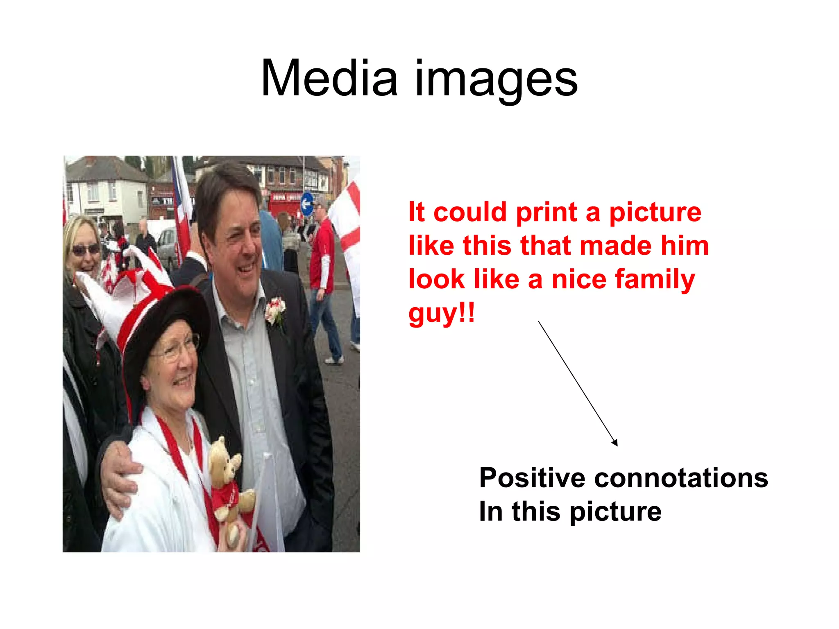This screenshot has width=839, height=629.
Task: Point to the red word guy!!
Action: [x=441, y=314]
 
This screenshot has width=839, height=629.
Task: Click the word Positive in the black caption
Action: [x=532, y=478]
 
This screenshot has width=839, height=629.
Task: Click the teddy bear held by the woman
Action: [x=229, y=479]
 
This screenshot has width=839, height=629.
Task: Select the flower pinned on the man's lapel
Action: [x=275, y=310]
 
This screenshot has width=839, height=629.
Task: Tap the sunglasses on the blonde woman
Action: [x=86, y=249]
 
